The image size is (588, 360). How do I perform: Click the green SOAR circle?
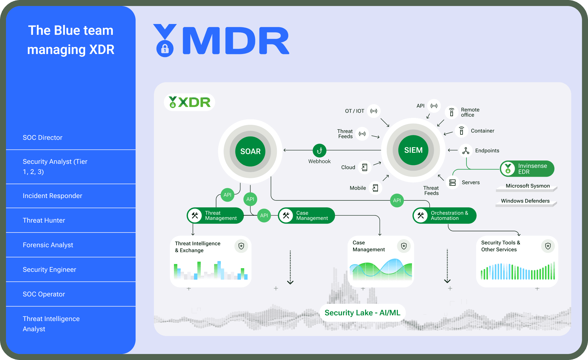[x=250, y=151]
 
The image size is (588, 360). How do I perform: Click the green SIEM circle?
[x=413, y=150]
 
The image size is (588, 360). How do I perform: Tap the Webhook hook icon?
[x=319, y=150]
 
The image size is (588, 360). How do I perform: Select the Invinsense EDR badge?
[x=527, y=169]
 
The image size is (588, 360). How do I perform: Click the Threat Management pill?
[x=215, y=215]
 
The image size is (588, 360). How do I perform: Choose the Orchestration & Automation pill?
[x=444, y=215]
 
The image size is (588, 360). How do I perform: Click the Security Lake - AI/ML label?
[x=362, y=313]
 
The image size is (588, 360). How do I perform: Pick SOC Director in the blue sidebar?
[x=43, y=137]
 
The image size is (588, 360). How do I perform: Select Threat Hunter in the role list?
[x=44, y=220]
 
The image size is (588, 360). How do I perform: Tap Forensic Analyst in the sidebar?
[x=48, y=245]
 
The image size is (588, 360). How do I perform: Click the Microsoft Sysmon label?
[x=528, y=186]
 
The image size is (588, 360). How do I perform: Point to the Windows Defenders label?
[x=525, y=201]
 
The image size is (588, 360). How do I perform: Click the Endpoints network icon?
[x=466, y=150]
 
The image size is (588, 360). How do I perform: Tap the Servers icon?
[x=452, y=182]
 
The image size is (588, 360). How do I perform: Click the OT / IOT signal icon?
[x=374, y=111]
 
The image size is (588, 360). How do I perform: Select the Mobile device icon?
[x=375, y=188]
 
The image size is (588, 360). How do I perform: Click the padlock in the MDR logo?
[x=165, y=49]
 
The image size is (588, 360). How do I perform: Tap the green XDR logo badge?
[x=189, y=102]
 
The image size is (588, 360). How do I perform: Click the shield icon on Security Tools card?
[x=548, y=246]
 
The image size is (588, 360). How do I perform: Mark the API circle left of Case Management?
[x=264, y=215]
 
